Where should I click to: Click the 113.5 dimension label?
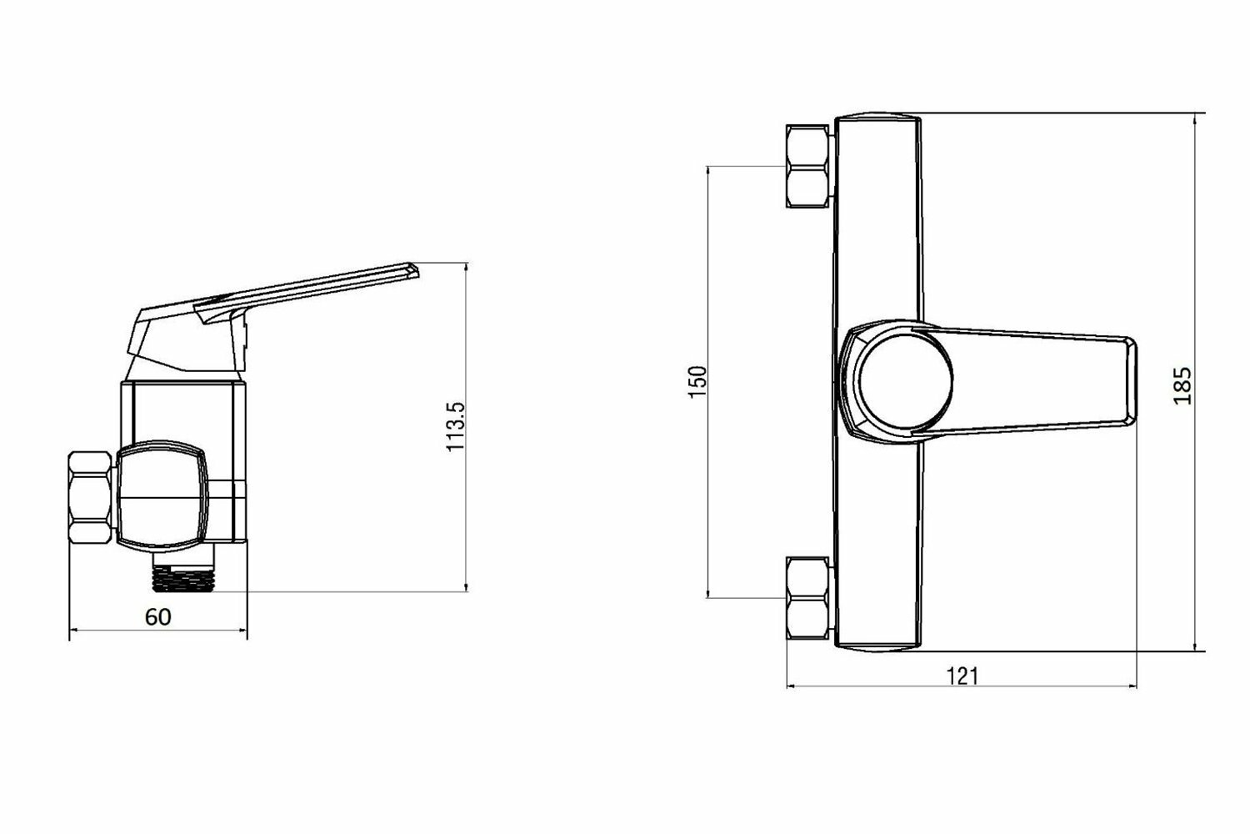pyautogui.click(x=455, y=427)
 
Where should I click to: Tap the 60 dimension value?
pyautogui.click(x=158, y=617)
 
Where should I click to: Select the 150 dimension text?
pyautogui.click(x=698, y=381)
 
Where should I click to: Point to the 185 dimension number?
pyautogui.click(x=1182, y=385)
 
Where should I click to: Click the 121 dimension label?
pyautogui.click(x=962, y=676)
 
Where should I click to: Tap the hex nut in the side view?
pyautogui.click(x=90, y=497)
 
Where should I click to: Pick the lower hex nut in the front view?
pyautogui.click(x=808, y=598)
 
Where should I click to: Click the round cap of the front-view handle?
pyautogui.click(x=905, y=383)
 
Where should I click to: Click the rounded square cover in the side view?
pyautogui.click(x=162, y=497)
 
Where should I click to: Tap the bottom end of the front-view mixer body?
pyautogui.click(x=877, y=646)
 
